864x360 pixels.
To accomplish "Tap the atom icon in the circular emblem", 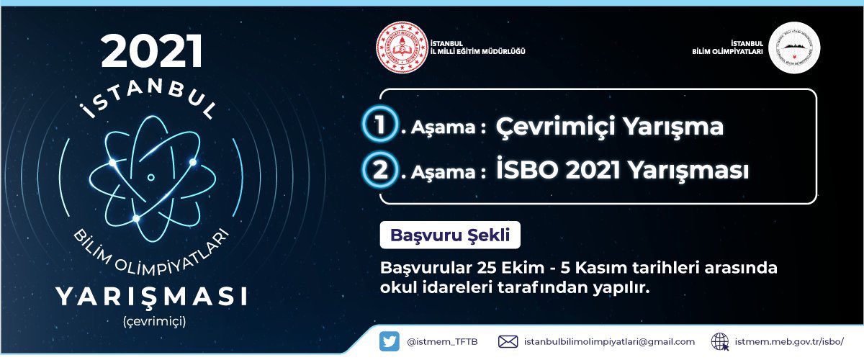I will click(x=151, y=176).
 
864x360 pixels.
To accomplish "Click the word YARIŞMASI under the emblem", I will click(x=152, y=296).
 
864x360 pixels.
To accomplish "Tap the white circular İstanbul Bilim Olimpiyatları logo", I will click(x=794, y=48).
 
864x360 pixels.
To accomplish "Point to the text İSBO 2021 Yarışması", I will click(x=623, y=171).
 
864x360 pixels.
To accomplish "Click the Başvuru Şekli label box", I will click(x=449, y=235).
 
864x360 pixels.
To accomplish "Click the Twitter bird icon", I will click(x=390, y=341).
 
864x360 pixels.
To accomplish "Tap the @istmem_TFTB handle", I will click(x=442, y=341).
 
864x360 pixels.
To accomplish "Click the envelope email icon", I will click(x=508, y=341).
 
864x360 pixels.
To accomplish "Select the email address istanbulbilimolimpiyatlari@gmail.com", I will click(x=609, y=341).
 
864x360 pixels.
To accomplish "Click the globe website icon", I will click(x=720, y=341).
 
